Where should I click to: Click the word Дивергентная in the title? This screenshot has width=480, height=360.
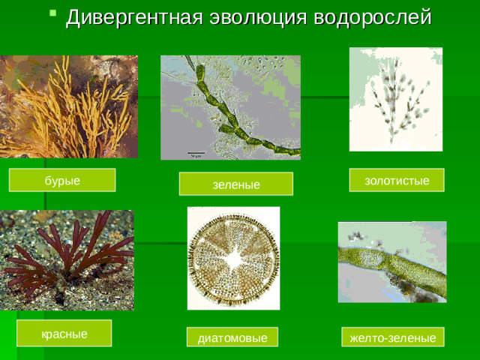pos(130,16)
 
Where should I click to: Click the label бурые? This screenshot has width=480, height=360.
pos(62,181)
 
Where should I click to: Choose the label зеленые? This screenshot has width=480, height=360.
pos(235,184)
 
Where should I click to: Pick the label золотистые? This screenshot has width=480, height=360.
pos(397,180)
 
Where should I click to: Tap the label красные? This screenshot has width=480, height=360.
pos(64,333)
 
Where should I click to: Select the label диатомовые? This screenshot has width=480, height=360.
pos(232,338)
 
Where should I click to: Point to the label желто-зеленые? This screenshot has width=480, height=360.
pos(393,338)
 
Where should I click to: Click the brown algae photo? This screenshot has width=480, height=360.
pos(68,106)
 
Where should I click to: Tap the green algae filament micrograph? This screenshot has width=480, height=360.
pos(230,107)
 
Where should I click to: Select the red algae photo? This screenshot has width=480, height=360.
pos(67,259)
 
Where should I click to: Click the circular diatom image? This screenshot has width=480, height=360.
pos(233,258)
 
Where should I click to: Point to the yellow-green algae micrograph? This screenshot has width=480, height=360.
pos(391,261)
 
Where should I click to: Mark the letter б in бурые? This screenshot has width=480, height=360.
pos(48,181)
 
